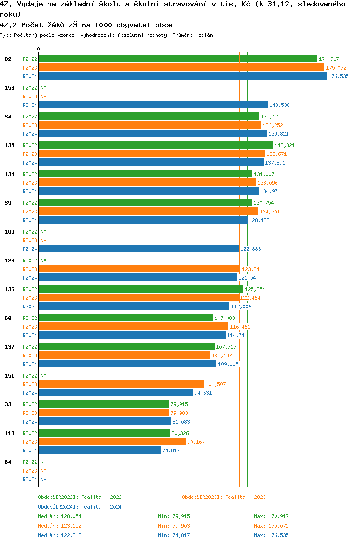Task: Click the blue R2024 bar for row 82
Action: [182, 76]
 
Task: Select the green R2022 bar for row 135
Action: [156, 145]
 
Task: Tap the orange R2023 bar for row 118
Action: [112, 442]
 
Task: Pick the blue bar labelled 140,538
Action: [153, 105]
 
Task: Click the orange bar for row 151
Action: [121, 384]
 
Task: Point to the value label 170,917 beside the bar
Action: [329, 59]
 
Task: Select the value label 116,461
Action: [240, 327]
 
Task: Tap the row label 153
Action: [9, 88]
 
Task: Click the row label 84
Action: [8, 462]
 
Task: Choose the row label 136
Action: [9, 289]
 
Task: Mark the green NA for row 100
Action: [43, 232]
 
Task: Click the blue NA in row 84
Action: [43, 479]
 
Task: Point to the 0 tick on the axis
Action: [39, 49]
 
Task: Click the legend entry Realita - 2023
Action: [224, 497]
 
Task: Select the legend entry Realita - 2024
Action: [80, 507]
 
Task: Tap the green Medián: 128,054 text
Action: [59, 516]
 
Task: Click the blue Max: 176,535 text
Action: [271, 535]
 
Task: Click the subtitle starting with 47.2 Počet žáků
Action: [86, 25]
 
